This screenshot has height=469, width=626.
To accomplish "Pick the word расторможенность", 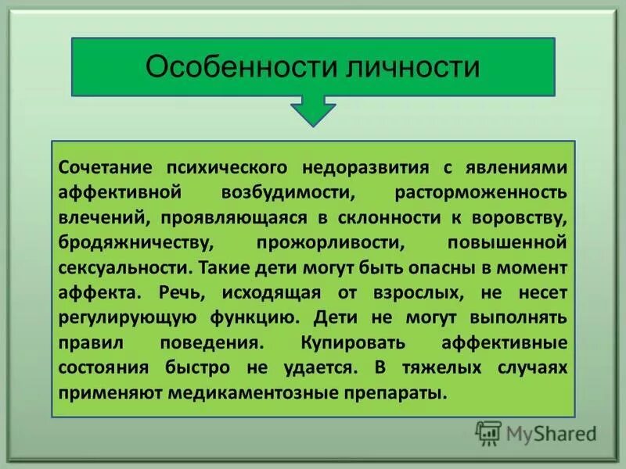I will pyautogui.click(x=491, y=192).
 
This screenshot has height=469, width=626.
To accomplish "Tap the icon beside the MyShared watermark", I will pyautogui.click(x=489, y=432).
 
